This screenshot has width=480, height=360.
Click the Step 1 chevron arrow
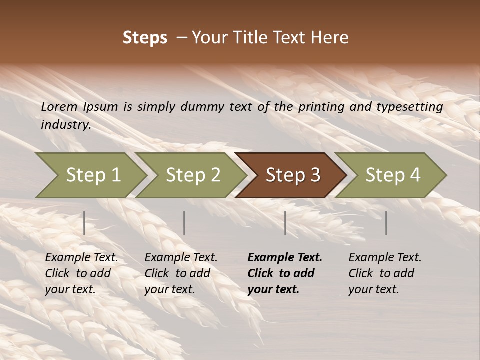pos(93,175)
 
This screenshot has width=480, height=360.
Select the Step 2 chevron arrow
pos(193,175)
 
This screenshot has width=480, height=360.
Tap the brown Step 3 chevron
pos(293,175)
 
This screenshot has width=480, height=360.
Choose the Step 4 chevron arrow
pos(393,175)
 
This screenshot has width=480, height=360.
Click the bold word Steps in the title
pos(145,38)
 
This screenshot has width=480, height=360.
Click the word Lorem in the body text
pos(59,107)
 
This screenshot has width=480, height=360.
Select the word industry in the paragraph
pos(66,125)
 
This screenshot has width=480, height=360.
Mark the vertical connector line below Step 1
pos(84,223)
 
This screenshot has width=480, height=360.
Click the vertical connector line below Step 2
pos(184,223)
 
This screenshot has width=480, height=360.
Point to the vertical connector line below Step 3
pos(285,223)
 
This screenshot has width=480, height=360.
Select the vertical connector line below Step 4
pos(386,223)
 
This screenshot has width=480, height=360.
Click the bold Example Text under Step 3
pos(285,258)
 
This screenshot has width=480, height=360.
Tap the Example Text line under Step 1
pos(82,258)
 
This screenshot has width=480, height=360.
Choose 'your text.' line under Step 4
pos(374,290)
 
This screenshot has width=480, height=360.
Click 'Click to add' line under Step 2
pos(177,274)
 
